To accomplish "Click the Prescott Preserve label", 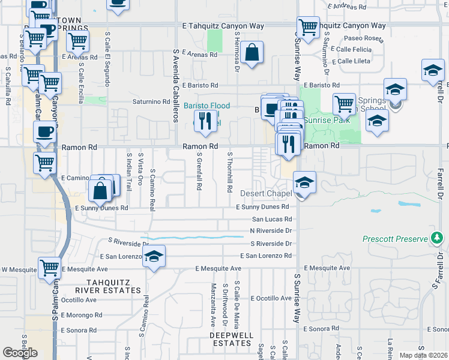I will coord(394,239).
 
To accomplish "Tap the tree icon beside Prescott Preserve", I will coord(438,239).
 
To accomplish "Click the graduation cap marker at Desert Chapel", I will coord(304,182).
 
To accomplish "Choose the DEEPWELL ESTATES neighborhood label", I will coord(231,339).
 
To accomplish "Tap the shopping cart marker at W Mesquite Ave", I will coord(49,268).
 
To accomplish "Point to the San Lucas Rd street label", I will coord(271,219).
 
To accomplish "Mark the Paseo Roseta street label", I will coord(365,39).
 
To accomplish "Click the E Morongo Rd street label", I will coord(74,315).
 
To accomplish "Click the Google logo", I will coord(20,353).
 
